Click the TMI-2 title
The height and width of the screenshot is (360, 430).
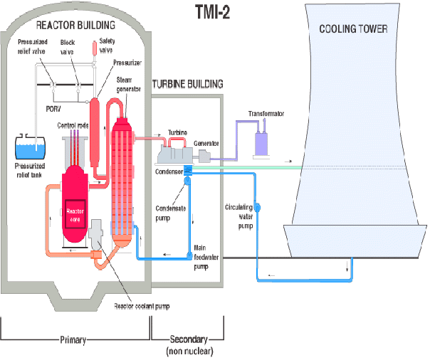click(x=213, y=12)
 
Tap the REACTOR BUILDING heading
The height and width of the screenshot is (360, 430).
click(x=75, y=25)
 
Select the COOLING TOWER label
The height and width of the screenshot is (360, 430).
click(x=353, y=28)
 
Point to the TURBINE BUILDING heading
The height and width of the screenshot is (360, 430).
click(x=187, y=84)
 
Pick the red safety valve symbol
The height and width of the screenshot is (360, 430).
click(x=95, y=48)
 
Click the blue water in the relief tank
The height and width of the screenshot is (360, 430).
click(x=30, y=152)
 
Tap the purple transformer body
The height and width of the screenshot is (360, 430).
click(x=261, y=144)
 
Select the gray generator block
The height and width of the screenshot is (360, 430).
click(x=204, y=156)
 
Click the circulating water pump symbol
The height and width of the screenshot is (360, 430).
click(x=257, y=208)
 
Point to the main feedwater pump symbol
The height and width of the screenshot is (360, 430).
click(x=189, y=255)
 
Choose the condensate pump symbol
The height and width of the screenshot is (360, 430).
click(x=187, y=181)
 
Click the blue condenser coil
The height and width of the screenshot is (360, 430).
click(x=188, y=170)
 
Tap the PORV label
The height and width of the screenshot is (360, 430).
click(x=53, y=109)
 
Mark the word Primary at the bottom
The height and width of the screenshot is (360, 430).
click(x=73, y=340)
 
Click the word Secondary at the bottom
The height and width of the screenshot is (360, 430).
click(x=189, y=339)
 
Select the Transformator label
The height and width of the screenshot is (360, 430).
click(x=266, y=114)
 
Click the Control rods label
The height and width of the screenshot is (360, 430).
click(x=73, y=125)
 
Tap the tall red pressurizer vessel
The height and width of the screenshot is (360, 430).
click(x=95, y=132)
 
